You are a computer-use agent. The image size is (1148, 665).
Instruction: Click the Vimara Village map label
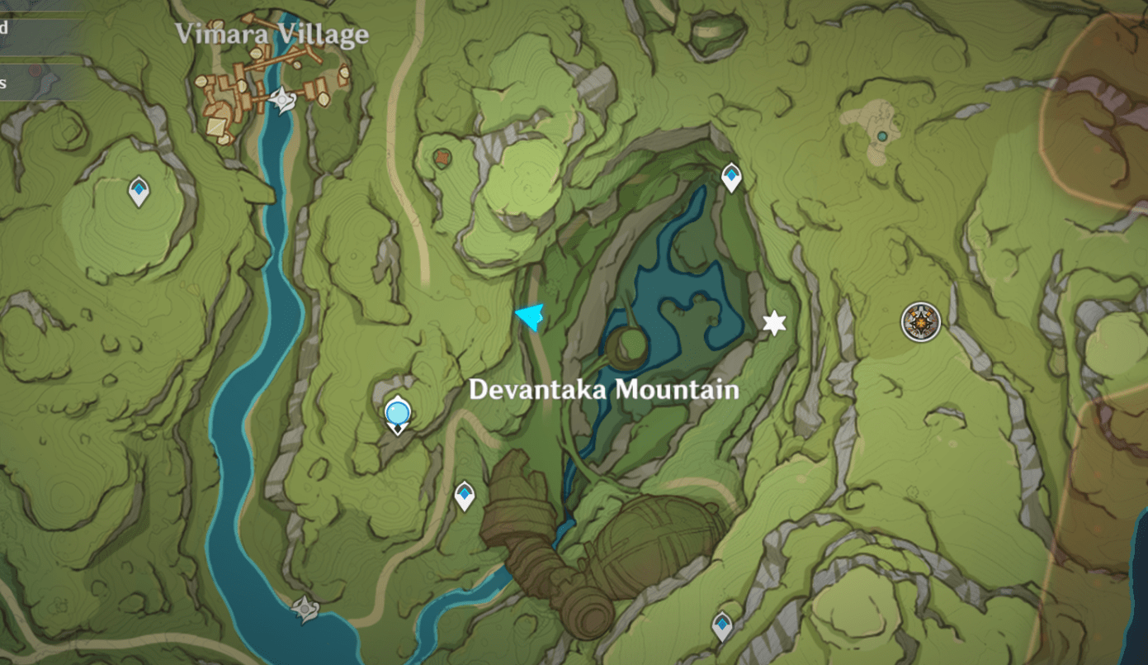(272, 35)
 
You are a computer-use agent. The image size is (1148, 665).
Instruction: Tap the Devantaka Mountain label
(603, 389)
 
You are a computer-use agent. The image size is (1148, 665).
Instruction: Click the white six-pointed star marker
(774, 323)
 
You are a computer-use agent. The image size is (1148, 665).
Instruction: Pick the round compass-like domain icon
(920, 321)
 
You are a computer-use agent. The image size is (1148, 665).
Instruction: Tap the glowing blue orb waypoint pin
(397, 411)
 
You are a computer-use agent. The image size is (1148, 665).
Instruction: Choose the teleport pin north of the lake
(731, 177)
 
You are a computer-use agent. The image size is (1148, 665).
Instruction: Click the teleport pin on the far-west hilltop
(139, 192)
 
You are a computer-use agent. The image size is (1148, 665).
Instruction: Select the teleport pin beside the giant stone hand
(465, 496)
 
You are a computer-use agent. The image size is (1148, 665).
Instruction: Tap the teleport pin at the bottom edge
(723, 625)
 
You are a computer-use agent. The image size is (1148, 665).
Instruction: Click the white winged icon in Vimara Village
(282, 101)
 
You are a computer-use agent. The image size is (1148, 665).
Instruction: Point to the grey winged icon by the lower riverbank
(305, 610)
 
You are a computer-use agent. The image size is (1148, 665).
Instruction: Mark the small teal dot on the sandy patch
(882, 136)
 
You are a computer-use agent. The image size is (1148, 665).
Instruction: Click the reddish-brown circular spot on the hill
(443, 156)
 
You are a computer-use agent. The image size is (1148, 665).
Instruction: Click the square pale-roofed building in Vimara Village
(218, 126)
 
